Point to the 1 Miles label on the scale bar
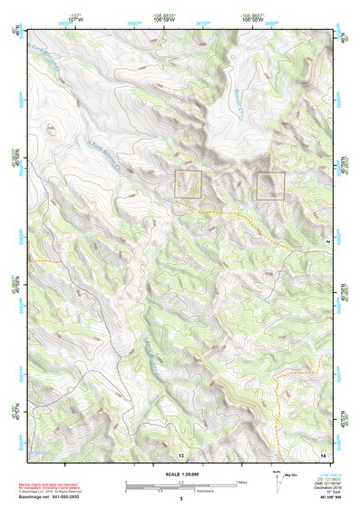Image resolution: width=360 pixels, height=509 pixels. tap(239, 481)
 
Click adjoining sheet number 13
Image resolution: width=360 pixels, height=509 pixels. tap(181, 454)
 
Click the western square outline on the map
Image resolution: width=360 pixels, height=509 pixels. tap(188, 184)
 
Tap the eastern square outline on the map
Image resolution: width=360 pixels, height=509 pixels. tap(270, 185)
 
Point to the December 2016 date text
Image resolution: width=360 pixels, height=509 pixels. tap(335, 487)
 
